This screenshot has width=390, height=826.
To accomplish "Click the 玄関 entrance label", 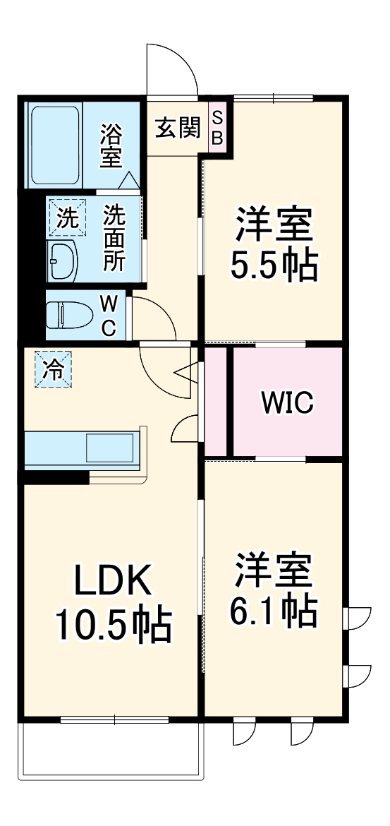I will (177, 129).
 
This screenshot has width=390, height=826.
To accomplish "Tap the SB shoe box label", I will (217, 128).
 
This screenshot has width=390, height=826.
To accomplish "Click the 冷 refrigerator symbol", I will (54, 369).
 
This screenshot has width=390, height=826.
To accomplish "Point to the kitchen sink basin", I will (109, 447).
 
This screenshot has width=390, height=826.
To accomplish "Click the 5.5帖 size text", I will (274, 264).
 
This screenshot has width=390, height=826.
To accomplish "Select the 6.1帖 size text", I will (273, 611).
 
